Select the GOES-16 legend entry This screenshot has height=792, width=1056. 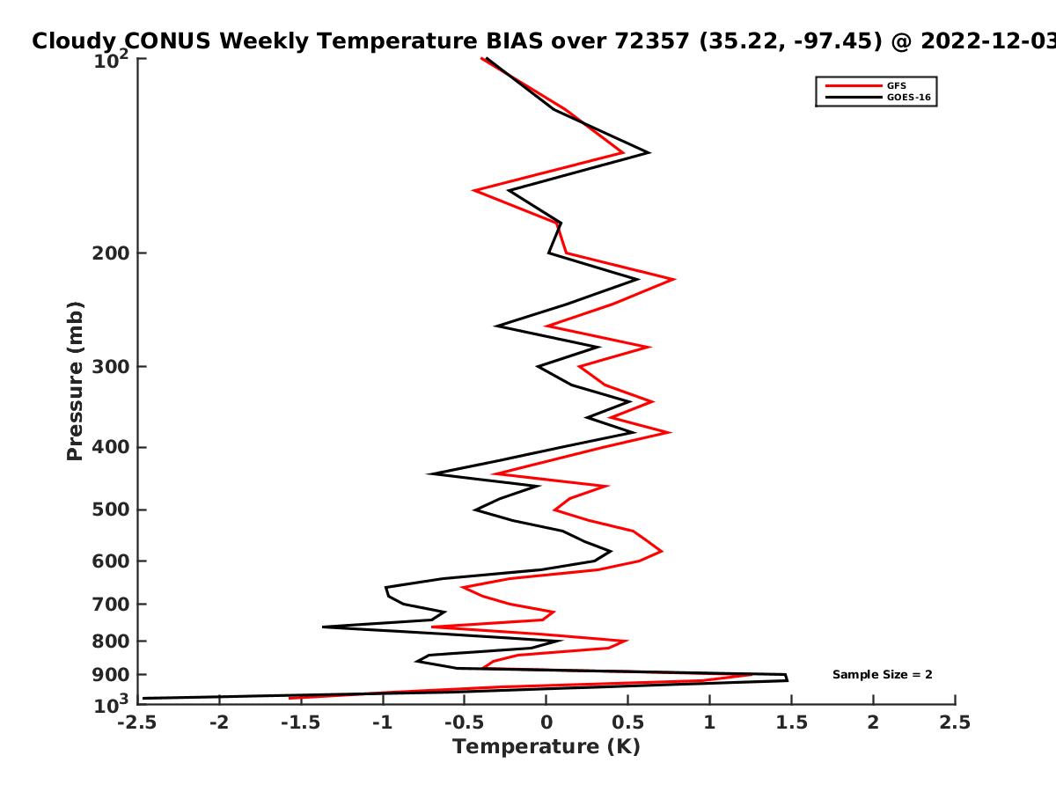[x=878, y=97]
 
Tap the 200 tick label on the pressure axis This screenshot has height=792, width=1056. [x=111, y=253]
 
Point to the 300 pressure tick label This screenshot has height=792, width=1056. [x=111, y=366]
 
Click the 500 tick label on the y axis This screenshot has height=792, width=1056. [x=111, y=510]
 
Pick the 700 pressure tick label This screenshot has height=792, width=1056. [x=111, y=604]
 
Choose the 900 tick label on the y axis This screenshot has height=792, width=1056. [x=111, y=675]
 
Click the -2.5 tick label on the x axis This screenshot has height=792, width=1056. [x=137, y=722]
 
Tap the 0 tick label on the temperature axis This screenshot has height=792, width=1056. [x=546, y=722]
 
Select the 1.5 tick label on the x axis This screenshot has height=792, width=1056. [x=791, y=722]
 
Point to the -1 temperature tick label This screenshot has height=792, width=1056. [x=383, y=722]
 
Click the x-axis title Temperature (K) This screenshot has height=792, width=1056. [x=546, y=747]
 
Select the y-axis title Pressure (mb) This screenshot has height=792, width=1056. [x=75, y=381]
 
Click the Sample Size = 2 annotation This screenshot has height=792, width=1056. [x=883, y=675]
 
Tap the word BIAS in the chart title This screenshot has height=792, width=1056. [x=514, y=41]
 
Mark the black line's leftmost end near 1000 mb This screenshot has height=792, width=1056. [x=143, y=698]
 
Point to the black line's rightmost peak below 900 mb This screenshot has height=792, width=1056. [x=788, y=680]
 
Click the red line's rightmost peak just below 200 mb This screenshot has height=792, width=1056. [x=674, y=279]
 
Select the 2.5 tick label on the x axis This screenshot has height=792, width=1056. [x=955, y=722]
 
